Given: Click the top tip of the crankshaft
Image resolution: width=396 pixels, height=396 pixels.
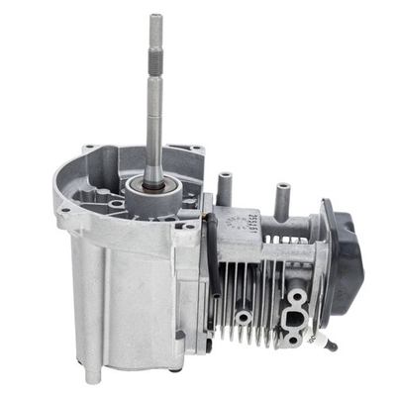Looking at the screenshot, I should pos(156,17).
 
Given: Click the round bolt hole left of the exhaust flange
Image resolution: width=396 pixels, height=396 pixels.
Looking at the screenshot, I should pos(243,318).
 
